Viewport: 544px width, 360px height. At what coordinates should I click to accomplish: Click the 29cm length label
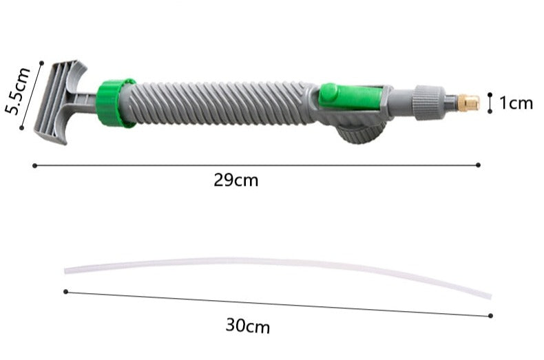(236, 181)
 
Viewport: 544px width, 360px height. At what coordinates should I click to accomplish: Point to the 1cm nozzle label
(516, 103)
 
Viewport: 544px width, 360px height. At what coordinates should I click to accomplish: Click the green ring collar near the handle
(114, 103)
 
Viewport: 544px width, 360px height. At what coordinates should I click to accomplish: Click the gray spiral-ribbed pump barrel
(220, 103)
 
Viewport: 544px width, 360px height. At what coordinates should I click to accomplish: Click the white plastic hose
(275, 264)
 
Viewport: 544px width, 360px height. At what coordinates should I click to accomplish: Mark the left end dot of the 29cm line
(34, 165)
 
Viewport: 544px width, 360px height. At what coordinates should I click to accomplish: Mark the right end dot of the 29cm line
(479, 165)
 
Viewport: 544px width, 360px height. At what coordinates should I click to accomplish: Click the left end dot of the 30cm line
(65, 292)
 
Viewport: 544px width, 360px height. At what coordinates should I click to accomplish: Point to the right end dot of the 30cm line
(491, 315)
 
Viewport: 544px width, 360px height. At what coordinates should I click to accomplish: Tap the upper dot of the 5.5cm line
(41, 63)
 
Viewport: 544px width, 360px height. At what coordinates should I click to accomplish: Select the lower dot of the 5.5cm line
(22, 127)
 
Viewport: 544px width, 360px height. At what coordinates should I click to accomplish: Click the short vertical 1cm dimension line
(490, 103)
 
